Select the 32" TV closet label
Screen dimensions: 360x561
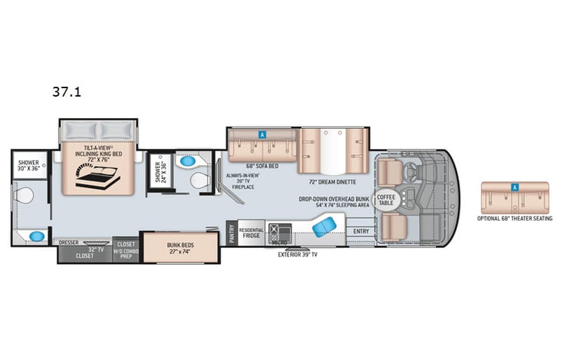coord(84,253)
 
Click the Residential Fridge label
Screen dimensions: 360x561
coord(251,233)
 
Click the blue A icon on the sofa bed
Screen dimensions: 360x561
coord(262,134)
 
